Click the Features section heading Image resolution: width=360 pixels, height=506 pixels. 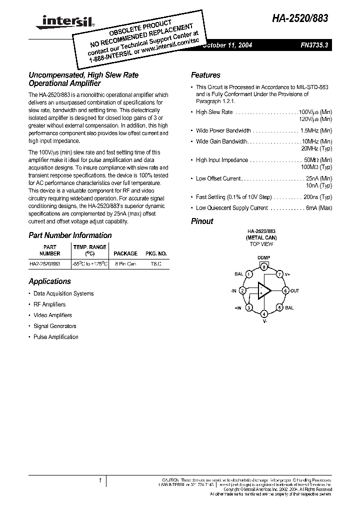[x=205, y=75]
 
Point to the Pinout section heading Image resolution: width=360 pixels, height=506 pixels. [x=202, y=221]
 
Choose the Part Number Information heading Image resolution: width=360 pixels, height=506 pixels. [x=70, y=235]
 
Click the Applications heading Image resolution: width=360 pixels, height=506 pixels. [x=49, y=281]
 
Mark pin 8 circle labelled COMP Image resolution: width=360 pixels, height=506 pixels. [x=263, y=267]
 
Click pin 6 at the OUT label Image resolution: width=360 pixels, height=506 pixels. [x=285, y=290]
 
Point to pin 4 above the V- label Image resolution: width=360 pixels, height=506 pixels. [x=263, y=313]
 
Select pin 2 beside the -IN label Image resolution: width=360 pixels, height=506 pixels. [x=242, y=290]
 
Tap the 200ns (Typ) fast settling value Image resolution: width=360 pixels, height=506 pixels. [x=319, y=197]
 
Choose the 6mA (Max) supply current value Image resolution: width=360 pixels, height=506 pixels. [x=319, y=208]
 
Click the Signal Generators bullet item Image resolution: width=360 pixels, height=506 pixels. [x=54, y=326]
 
